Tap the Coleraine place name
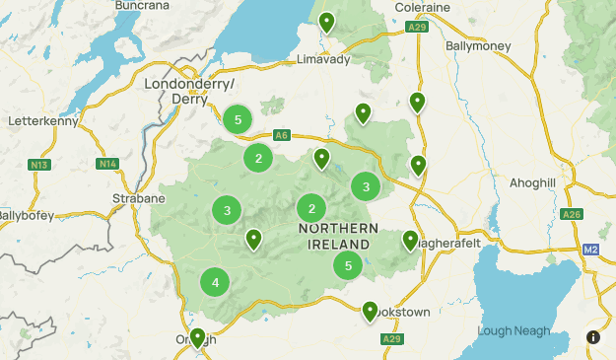pyautogui.click(x=422, y=7)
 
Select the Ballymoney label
pyautogui.click(x=479, y=45)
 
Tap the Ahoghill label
pyautogui.click(x=533, y=183)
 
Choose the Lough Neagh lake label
pyautogui.click(x=513, y=331)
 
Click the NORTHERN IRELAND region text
pyautogui.click(x=335, y=236)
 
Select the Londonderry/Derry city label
pyautogui.click(x=189, y=91)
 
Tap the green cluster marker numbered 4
pyautogui.click(x=215, y=283)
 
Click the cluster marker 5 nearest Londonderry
pyautogui.click(x=236, y=119)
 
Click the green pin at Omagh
pyautogui.click(x=197, y=337)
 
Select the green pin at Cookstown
pyautogui.click(x=371, y=312)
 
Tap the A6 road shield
pyautogui.click(x=282, y=135)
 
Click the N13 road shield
pyautogui.click(x=40, y=164)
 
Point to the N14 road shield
pyautogui.click(x=107, y=163)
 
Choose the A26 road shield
pyautogui.click(x=571, y=213)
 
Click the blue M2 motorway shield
pyautogui.click(x=590, y=250)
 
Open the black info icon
pyautogui.click(x=593, y=337)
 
